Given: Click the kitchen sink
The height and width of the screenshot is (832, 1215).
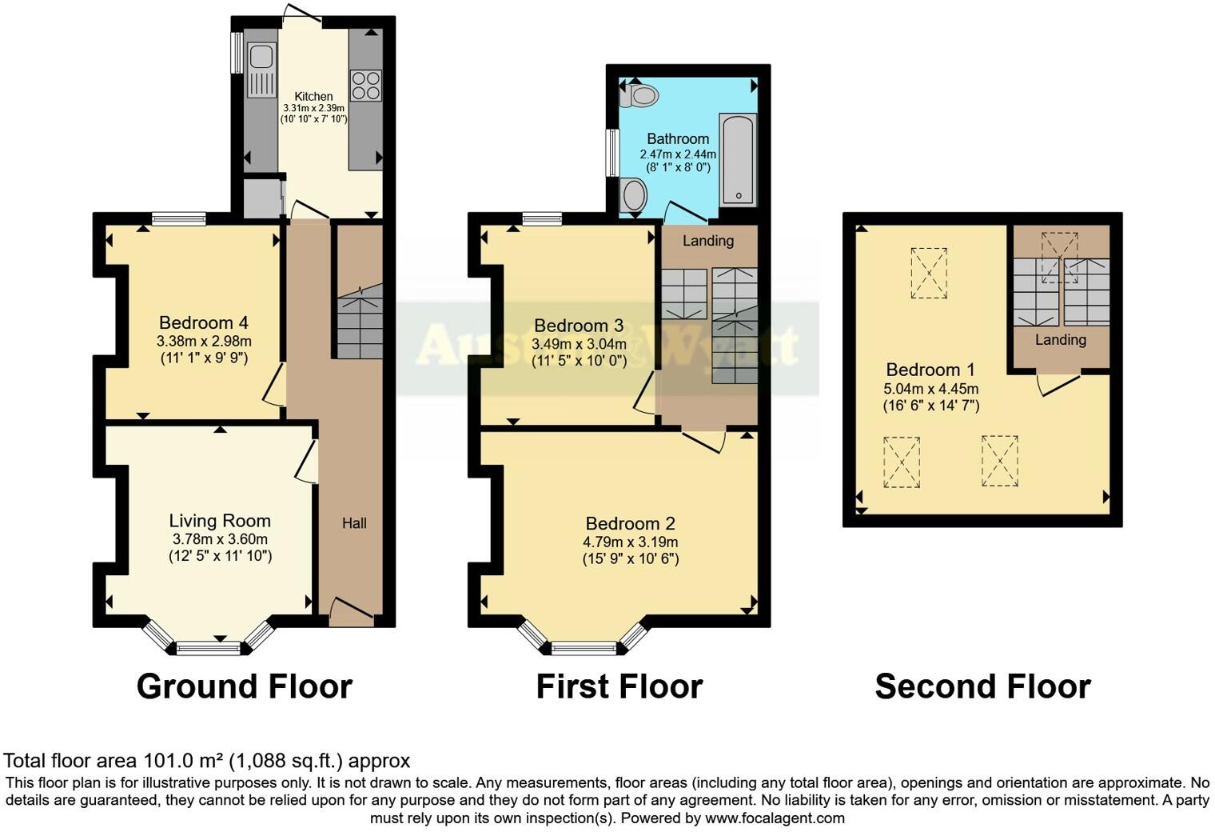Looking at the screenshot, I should (261, 58).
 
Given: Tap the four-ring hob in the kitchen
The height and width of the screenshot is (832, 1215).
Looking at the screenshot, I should (366, 86).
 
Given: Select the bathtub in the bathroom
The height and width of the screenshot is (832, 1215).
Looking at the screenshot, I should (738, 160).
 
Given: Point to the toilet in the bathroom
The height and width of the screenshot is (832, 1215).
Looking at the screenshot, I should (642, 96).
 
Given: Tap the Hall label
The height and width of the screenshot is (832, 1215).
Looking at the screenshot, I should (354, 523).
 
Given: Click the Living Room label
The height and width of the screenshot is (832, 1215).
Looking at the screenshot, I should (220, 521).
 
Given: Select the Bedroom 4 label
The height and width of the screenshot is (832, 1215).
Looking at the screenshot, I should (204, 323).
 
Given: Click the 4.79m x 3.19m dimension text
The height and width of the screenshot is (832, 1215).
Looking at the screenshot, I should (630, 542).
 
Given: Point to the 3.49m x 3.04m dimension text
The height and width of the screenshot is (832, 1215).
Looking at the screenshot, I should (579, 344).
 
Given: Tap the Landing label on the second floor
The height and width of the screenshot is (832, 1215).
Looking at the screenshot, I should (1060, 340).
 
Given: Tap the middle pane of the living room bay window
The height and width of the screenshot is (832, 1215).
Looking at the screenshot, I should (208, 647).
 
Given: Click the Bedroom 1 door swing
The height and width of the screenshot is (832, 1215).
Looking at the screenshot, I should (1059, 385).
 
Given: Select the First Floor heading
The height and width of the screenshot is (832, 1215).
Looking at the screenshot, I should (619, 686).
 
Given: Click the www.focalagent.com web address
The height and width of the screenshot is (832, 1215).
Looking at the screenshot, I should (774, 818).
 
